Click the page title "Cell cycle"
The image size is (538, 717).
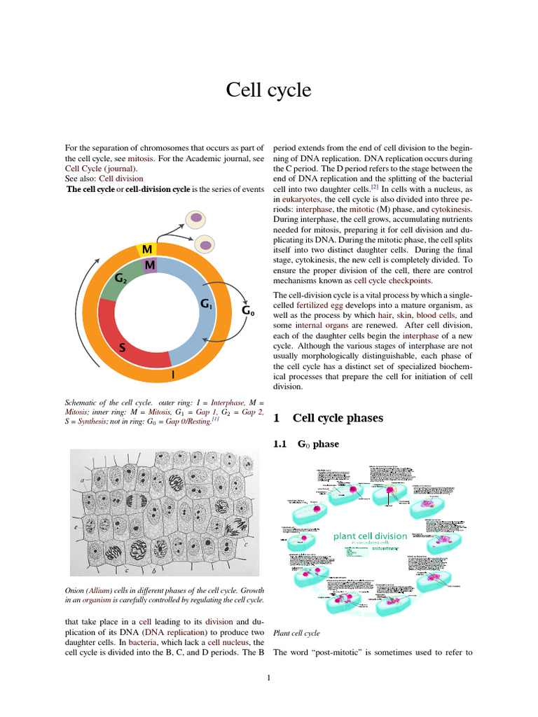pyautogui.click(x=268, y=90)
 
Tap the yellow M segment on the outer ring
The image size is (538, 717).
pyautogui.click(x=147, y=250)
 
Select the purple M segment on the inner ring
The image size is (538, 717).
pyautogui.click(x=150, y=265)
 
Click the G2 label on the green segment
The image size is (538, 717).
pyautogui.click(x=120, y=279)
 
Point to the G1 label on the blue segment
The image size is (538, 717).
pyautogui.click(x=207, y=304)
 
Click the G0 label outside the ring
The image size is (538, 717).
pyautogui.click(x=248, y=310)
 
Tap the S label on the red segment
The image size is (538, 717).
pyautogui.click(x=122, y=347)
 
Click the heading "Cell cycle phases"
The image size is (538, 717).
pyautogui.click(x=338, y=418)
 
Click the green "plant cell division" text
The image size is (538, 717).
pyautogui.click(x=370, y=536)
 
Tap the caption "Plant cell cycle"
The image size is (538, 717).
pyautogui.click(x=296, y=633)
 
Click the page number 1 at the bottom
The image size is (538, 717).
pyautogui.click(x=268, y=677)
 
